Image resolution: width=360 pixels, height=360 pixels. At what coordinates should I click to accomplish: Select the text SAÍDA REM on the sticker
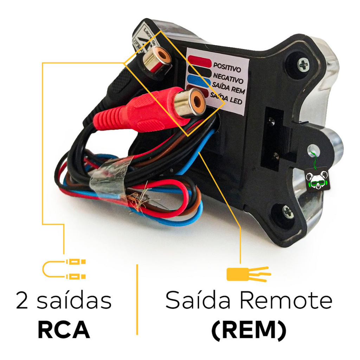click(x=229, y=86)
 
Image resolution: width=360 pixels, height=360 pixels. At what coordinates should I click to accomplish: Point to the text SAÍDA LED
click(x=227, y=99)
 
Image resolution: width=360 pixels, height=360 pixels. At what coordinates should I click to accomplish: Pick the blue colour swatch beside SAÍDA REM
click(x=198, y=81)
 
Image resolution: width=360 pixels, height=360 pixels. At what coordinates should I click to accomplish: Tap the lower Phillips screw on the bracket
click(x=287, y=212)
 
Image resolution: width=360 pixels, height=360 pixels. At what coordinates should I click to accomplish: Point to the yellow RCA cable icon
click(x=64, y=269)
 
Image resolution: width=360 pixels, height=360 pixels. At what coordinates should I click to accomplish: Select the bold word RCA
click(x=64, y=329)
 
